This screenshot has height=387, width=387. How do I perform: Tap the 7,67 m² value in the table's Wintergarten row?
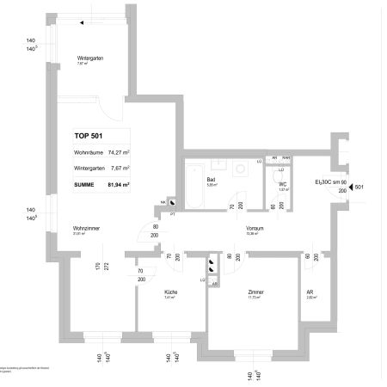(x=119, y=168)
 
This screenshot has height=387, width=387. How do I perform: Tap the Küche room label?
(x=170, y=292)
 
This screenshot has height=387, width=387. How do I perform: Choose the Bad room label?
(x=211, y=180)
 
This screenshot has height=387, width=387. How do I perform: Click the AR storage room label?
(x=310, y=292)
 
